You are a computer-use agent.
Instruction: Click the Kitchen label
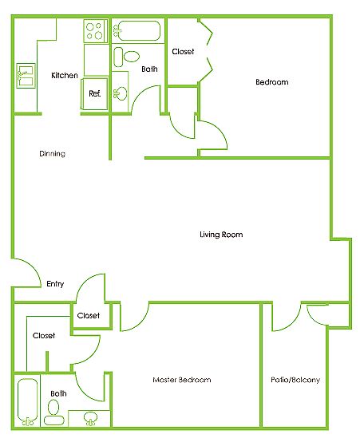(65, 75)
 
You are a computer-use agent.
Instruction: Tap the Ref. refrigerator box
(94, 93)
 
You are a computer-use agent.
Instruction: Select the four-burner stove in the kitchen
(95, 31)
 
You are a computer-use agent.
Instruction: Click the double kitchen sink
(26, 76)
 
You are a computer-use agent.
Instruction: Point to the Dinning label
(52, 154)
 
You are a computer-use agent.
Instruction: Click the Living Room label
(221, 235)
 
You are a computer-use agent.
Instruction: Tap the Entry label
(55, 283)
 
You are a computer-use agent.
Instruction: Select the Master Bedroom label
(182, 380)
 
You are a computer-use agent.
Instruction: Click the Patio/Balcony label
(295, 380)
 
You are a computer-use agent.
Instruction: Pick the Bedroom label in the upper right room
(272, 82)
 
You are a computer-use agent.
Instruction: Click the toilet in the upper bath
(126, 57)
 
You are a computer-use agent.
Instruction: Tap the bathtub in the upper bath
(137, 31)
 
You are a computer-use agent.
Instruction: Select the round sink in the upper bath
(121, 93)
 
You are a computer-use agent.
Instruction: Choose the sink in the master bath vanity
(90, 419)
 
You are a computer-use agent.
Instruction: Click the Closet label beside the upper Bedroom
(183, 52)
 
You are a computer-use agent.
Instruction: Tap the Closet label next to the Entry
(89, 315)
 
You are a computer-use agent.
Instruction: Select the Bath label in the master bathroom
(59, 393)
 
